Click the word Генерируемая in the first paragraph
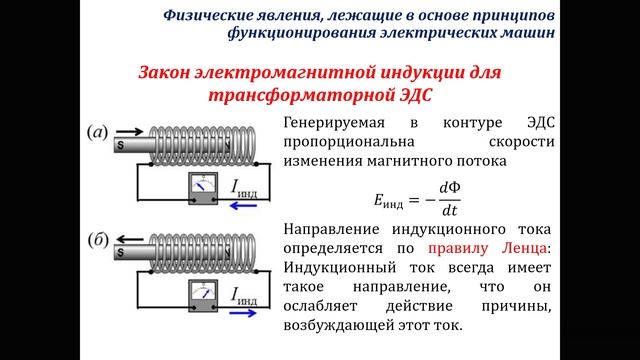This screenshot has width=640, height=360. [x=336, y=124]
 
